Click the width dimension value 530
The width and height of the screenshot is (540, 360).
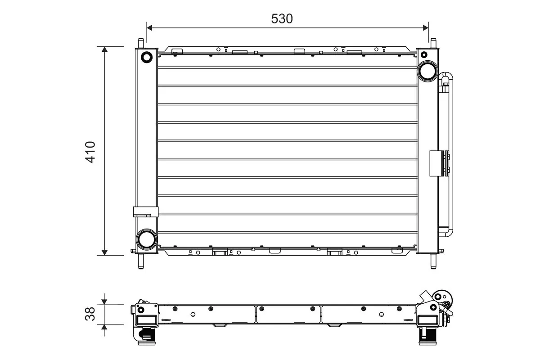click(x=282, y=18)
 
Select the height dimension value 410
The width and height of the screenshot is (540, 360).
click(x=90, y=152)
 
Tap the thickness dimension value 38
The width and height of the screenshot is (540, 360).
click(x=90, y=314)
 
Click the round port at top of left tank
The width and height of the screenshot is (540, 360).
click(x=147, y=57)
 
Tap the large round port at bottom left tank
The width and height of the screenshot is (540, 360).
click(x=146, y=239)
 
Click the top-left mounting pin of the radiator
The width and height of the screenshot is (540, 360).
click(x=141, y=43)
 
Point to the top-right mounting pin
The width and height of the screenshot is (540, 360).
click(x=433, y=43)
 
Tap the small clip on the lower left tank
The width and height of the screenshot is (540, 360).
click(x=145, y=211)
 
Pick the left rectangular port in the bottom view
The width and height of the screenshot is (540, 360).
click(x=146, y=320)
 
